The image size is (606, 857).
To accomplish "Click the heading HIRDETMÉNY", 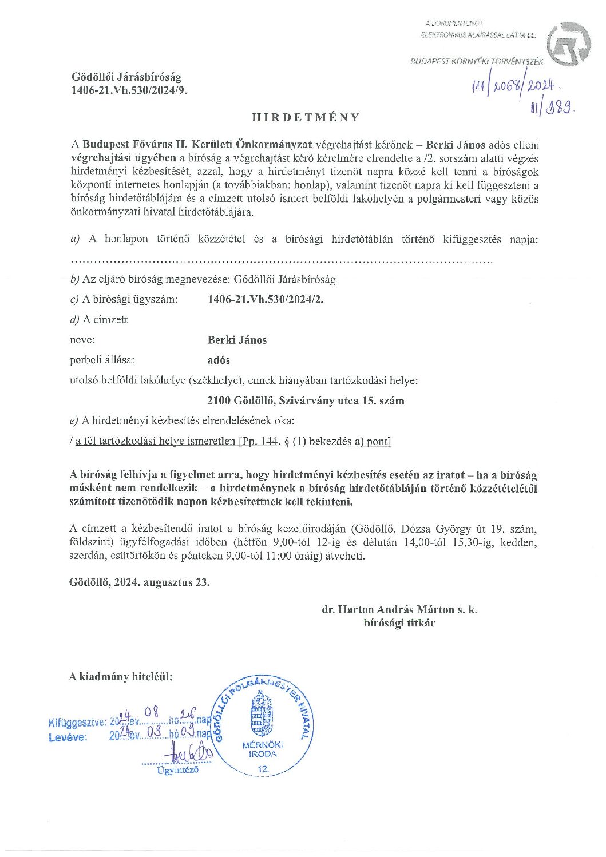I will pyautogui.click(x=306, y=117).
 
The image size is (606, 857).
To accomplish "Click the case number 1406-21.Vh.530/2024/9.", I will pyautogui.click(x=129, y=90).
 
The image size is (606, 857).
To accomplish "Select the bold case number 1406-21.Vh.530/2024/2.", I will pyautogui.click(x=265, y=299).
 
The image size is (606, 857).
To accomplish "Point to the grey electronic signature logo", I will pyautogui.click(x=568, y=44).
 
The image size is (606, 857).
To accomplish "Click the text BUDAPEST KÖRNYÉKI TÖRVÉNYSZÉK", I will pyautogui.click(x=477, y=61).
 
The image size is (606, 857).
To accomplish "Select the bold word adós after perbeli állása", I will pyautogui.click(x=219, y=360).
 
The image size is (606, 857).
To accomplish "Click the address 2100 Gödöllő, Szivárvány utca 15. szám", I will pyautogui.click(x=306, y=400).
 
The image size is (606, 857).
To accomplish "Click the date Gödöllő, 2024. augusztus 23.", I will pyautogui.click(x=139, y=582).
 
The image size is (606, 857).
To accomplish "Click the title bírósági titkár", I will pyautogui.click(x=399, y=623).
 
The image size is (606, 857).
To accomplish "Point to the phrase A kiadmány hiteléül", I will pyautogui.click(x=120, y=677).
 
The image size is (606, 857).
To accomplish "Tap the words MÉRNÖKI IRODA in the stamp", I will pyautogui.click(x=263, y=749).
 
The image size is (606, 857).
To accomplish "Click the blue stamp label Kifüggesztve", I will pyautogui.click(x=77, y=723).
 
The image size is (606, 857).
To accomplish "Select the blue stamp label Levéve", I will pyautogui.click(x=68, y=737).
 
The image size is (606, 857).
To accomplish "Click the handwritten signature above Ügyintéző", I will pyautogui.click(x=188, y=753).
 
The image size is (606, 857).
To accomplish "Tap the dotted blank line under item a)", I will pyautogui.click(x=280, y=262).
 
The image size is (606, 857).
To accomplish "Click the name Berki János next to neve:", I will pyautogui.click(x=237, y=340).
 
